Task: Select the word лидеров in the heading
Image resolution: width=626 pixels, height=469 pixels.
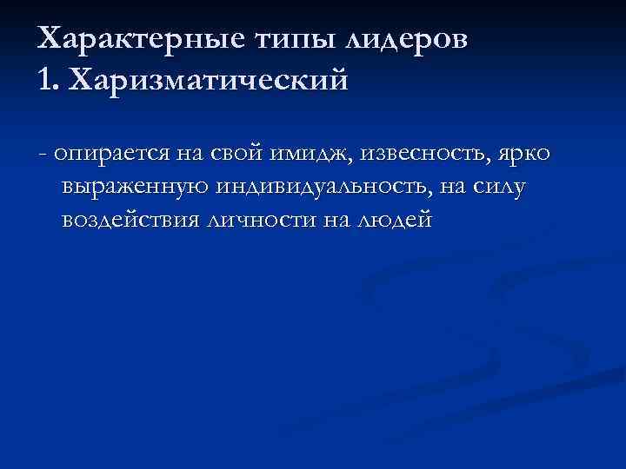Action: point(409,40)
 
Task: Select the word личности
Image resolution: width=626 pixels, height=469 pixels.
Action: point(262,221)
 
